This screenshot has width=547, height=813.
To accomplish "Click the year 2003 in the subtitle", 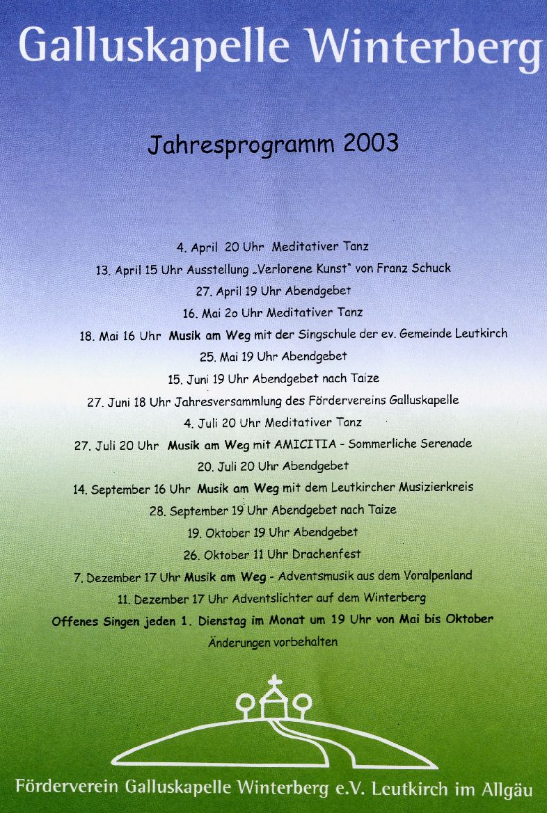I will coord(371,143).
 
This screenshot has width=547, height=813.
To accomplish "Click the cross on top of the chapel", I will coord(275,681).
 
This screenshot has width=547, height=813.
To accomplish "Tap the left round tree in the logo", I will coord(245,702).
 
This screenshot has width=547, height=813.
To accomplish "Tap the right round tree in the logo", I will coord(301,701).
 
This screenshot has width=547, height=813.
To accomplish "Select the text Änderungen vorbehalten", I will coord(273,642).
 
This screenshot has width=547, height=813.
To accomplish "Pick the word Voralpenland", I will coord(437,575).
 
